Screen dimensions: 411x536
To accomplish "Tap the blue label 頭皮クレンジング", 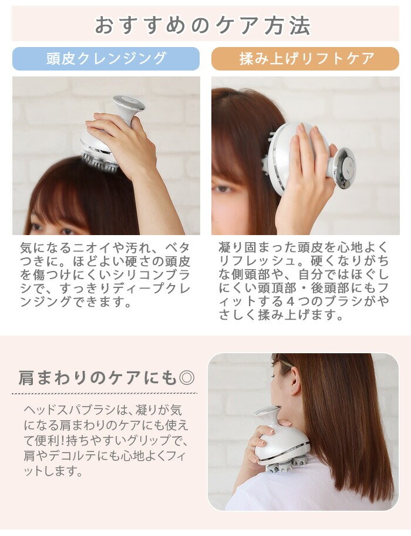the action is click(106, 59).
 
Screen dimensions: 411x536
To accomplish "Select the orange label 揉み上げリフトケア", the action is click(305, 59).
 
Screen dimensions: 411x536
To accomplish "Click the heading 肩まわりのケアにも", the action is click(98, 378).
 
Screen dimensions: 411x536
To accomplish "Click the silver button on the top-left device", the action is click(129, 102).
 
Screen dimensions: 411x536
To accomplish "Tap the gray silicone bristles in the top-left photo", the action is click(100, 162).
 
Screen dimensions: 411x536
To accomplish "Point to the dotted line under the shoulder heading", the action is click(105, 393).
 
